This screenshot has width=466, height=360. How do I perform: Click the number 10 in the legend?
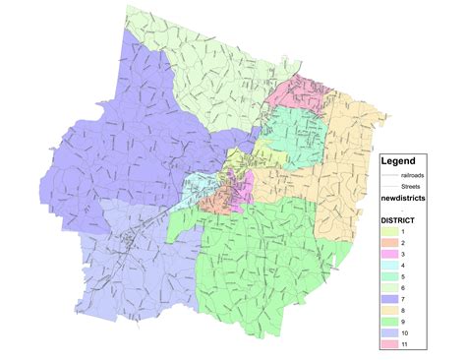tap(405, 333)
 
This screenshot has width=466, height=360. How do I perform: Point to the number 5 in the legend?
tap(403, 276)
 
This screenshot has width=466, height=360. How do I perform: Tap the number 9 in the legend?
tap(403, 323)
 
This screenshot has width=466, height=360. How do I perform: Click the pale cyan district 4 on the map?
tap(203, 187)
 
